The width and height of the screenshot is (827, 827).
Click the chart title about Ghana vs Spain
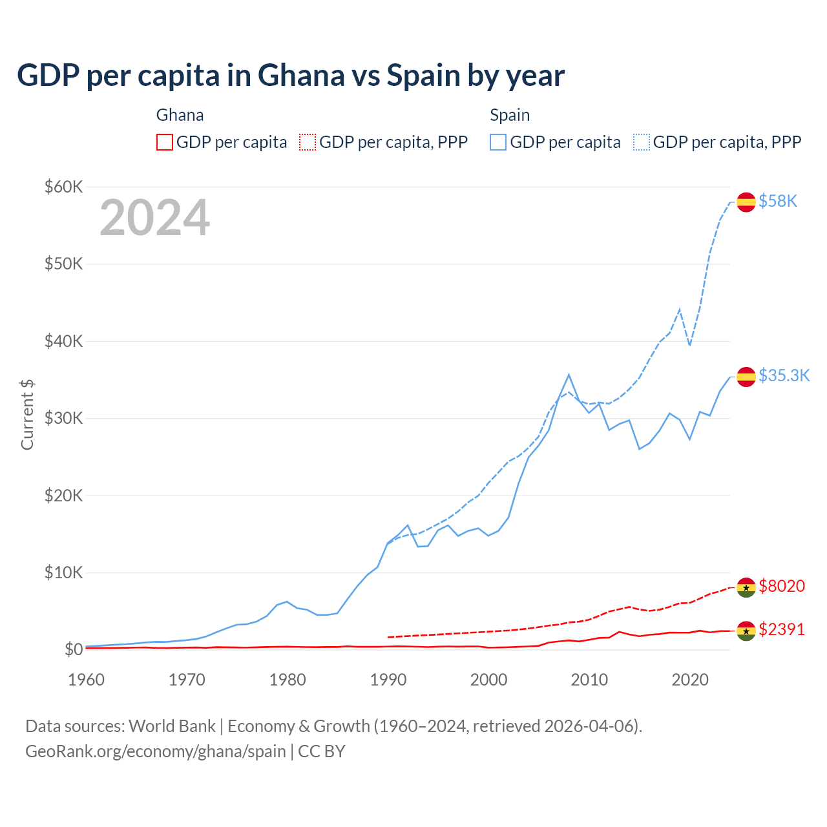point(291,76)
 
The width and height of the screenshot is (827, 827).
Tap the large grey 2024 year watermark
point(154,218)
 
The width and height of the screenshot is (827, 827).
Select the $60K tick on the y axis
point(63,187)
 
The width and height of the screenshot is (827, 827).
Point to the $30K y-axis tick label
point(63,418)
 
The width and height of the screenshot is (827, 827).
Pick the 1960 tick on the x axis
point(87,680)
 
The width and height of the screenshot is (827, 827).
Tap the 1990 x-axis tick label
point(388,680)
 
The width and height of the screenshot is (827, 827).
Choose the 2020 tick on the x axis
point(690,680)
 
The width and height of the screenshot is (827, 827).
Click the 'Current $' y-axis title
point(27,414)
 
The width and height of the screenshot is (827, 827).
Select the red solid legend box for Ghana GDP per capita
point(165,142)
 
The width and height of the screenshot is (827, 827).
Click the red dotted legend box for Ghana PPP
point(308,142)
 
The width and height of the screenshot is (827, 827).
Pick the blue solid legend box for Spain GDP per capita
point(498,142)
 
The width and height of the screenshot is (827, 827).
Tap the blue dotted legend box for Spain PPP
point(642,142)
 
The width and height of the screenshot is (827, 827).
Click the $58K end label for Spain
point(778,202)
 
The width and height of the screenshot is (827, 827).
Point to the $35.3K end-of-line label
point(784,376)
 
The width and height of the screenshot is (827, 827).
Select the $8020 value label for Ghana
point(782,586)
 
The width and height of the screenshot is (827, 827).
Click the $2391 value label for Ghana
point(782,629)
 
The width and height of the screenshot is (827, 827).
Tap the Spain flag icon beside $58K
point(746,202)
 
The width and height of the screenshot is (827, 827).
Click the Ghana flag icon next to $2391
point(746,631)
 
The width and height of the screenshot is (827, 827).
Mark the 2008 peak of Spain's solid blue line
point(569,375)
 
